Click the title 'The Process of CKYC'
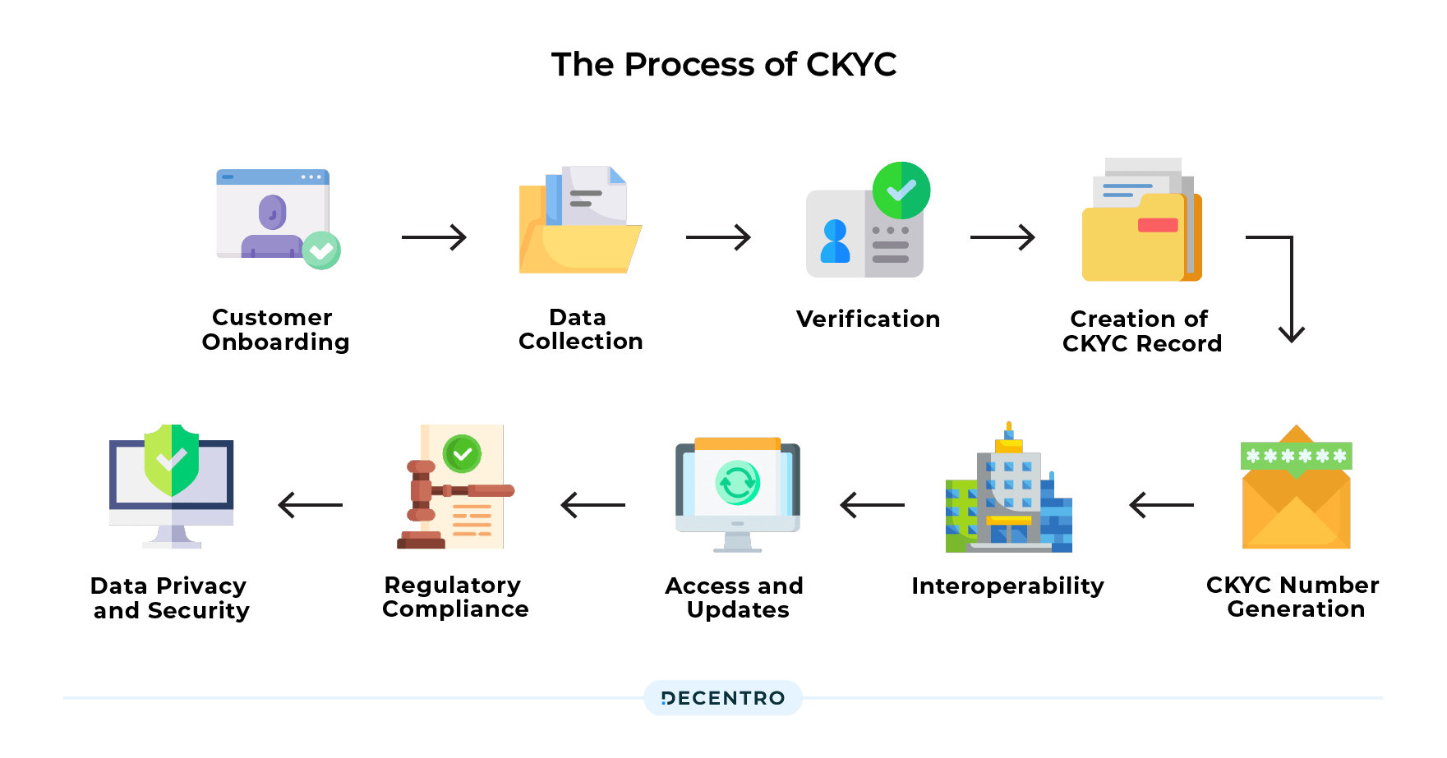(723, 64)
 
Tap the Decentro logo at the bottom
(723, 698)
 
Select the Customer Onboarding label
(275, 329)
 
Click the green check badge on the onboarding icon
(321, 250)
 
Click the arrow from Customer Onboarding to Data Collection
(434, 237)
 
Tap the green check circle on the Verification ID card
(901, 191)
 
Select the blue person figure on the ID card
(836, 241)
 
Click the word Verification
(868, 319)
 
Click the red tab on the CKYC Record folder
(1158, 225)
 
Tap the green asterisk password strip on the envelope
(1296, 456)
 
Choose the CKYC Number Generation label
(1293, 597)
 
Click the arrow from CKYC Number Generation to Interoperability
(1161, 505)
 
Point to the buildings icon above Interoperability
(1009, 493)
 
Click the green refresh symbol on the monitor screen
(737, 483)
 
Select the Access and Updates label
(735, 598)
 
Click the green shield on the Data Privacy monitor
(171, 460)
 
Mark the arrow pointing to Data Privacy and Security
(311, 505)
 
